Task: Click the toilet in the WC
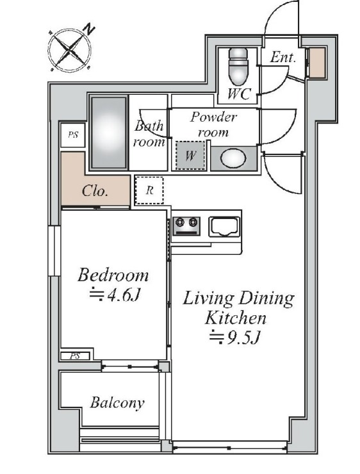pos(238,67)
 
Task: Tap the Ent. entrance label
pos(282,57)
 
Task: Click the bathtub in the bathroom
pos(109,133)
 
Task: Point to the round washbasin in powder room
pos(233,158)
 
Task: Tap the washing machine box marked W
pos(190,156)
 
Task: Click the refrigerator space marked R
pos(149,190)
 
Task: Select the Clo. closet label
pos(95,191)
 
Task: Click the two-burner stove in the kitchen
pos(186,226)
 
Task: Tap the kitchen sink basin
pos(224,227)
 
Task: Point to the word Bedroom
pos(113,275)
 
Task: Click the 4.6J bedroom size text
pos(115,295)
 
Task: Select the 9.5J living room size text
pos(235,338)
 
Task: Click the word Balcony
pos(117,403)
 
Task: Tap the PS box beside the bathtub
pos(72,135)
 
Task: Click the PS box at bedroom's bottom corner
pos(75,356)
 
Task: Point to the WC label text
pos(239,94)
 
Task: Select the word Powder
pos(213,117)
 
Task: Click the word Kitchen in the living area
pos(236,318)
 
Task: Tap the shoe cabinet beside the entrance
pos(317,62)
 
